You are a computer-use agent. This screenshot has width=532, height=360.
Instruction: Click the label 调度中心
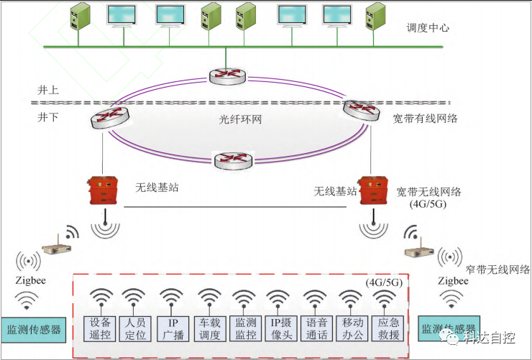point(428,28)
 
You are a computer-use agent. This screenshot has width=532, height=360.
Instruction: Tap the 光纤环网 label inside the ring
point(239,119)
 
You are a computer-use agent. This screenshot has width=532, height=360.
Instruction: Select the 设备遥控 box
point(100,328)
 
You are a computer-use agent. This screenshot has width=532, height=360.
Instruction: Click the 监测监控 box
point(245,328)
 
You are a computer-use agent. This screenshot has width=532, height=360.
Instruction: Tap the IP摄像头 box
point(280,328)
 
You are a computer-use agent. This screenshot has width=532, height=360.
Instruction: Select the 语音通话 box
point(316,328)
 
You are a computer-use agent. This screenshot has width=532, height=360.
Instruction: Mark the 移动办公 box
point(352,328)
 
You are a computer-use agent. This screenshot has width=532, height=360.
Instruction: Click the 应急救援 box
point(388,328)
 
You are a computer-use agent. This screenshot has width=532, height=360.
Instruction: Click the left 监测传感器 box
point(33,330)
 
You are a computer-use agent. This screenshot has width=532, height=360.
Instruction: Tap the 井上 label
point(48,90)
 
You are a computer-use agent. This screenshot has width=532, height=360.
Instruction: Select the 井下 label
point(48,117)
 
